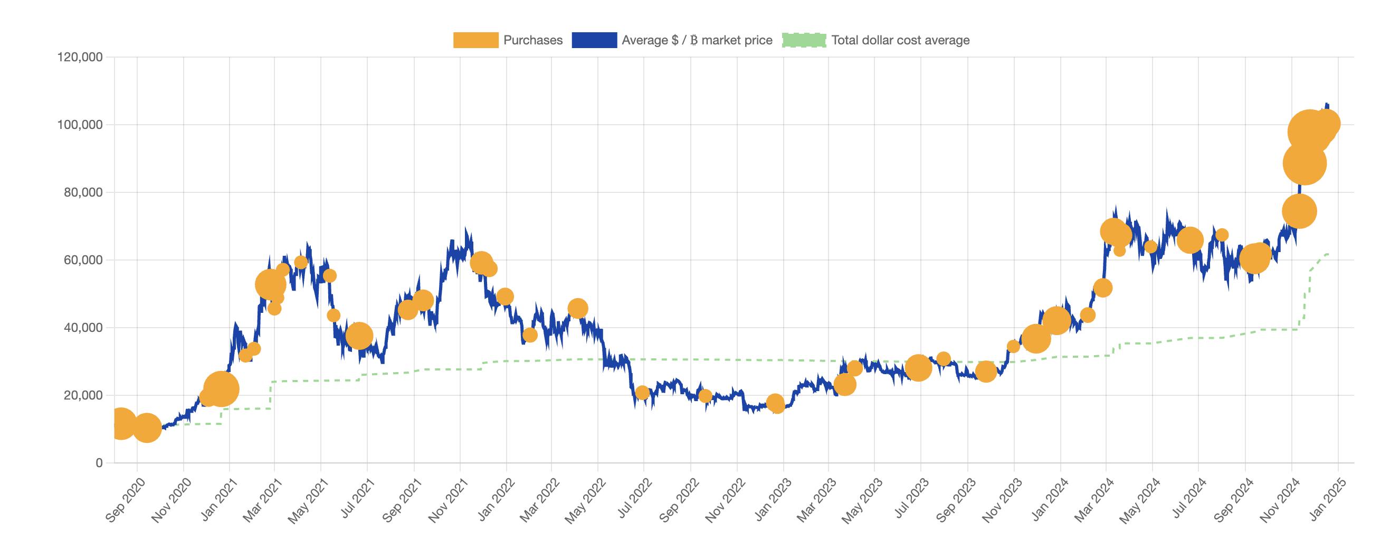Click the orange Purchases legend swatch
(475, 41)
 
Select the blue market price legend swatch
(594, 41)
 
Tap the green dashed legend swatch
(804, 41)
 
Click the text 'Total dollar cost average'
(900, 41)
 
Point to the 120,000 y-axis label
(80, 57)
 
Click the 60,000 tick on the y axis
(82, 261)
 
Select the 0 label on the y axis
(99, 463)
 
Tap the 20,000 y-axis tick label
(82, 395)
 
